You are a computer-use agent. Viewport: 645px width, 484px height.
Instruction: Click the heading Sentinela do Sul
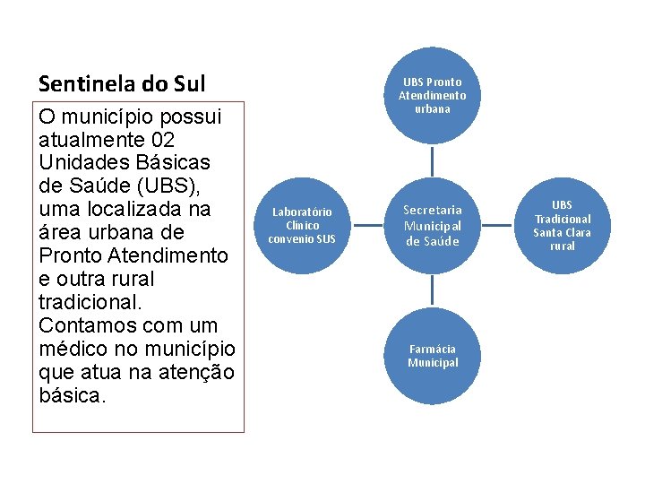tap(122, 83)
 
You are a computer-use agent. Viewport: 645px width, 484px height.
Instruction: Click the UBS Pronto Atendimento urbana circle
tap(433, 95)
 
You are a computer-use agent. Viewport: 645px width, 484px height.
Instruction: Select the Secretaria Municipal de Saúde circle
tap(433, 225)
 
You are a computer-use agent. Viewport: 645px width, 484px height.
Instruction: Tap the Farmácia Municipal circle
tap(433, 356)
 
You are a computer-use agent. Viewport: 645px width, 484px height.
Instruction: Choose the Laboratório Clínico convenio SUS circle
tap(302, 225)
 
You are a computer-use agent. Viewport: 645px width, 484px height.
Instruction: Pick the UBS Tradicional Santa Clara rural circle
tap(563, 225)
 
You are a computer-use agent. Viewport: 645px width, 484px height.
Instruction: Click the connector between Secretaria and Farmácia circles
tap(433, 290)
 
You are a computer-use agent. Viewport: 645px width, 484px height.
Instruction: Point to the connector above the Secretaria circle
tap(433, 160)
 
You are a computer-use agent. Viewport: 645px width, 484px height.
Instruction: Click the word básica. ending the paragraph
tap(73, 394)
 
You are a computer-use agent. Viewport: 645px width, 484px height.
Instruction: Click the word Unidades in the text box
tap(80, 163)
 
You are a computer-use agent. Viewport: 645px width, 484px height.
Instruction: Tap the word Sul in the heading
tap(189, 83)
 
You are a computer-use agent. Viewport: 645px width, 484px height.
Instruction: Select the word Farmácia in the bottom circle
tap(433, 349)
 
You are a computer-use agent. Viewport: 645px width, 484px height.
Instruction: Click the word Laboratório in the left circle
tap(302, 212)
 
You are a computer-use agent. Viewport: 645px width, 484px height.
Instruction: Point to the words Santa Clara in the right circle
tap(563, 233)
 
